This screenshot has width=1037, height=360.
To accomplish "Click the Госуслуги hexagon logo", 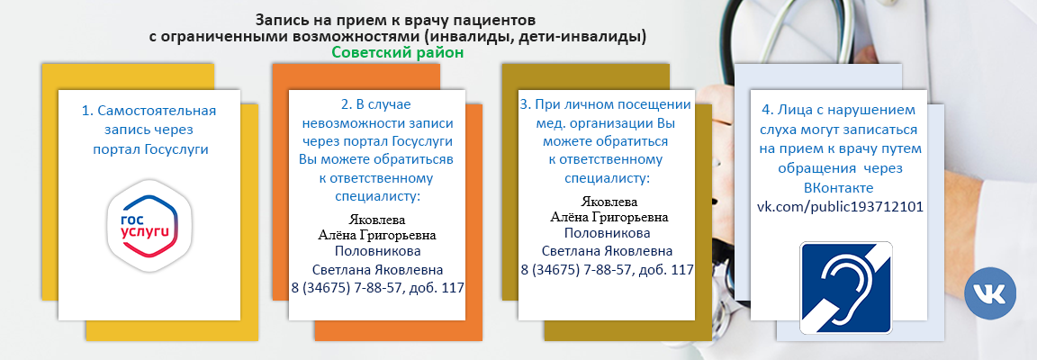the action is tap(149, 225).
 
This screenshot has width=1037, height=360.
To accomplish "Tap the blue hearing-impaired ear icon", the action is tap(846, 287).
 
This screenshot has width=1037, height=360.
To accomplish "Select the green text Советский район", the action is tap(398, 52).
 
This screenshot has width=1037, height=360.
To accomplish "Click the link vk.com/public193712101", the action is tap(840, 207).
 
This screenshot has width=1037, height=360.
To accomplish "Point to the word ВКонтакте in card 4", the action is tap(839, 188).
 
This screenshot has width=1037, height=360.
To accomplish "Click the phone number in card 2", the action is tap(378, 288).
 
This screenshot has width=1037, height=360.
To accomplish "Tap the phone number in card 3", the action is tap(607, 269).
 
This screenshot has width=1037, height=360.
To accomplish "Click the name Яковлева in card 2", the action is tap(377, 219).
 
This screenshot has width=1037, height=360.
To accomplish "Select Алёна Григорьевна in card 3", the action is tap(609, 217).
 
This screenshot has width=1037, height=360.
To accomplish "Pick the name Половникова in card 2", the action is tap(378, 251).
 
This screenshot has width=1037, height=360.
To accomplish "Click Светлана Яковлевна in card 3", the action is tap(607, 251).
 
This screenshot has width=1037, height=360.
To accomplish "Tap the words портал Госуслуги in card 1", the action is tap(151, 149).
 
